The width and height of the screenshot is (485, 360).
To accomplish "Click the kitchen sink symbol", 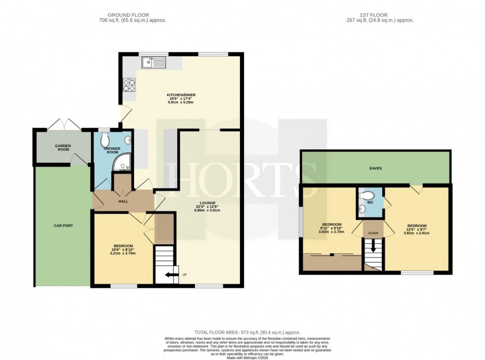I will [153, 62].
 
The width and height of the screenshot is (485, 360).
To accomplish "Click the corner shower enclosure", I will [122, 163].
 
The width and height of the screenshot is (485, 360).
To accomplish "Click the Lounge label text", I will [208, 203].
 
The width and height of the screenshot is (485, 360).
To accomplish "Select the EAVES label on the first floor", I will [376, 168].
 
